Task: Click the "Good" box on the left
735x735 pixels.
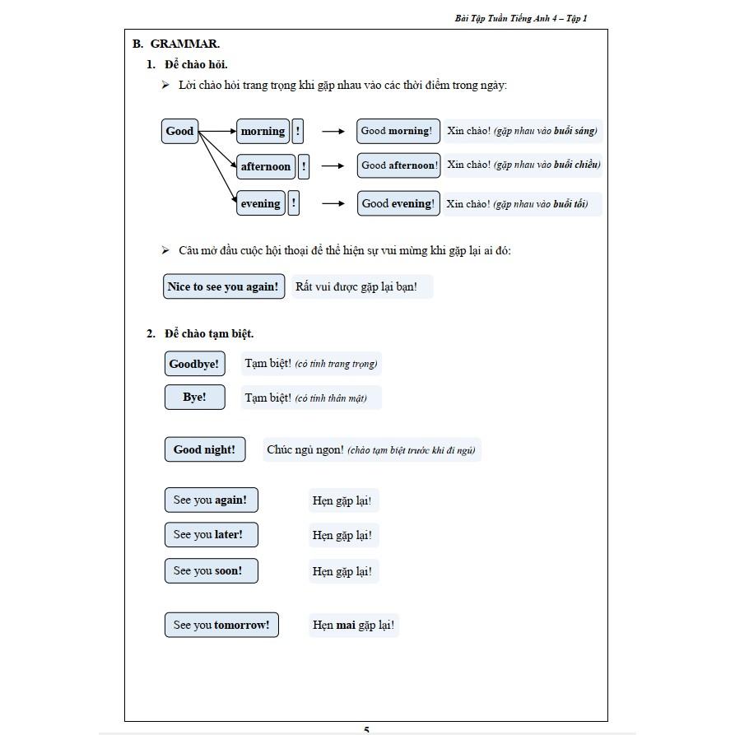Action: pos(179,131)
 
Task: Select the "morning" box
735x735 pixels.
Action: pos(263,131)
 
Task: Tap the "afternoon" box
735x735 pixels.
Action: pos(265,166)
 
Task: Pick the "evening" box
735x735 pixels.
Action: pos(260,203)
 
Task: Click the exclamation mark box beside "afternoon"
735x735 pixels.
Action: pos(304,166)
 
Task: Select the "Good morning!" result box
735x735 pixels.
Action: pos(397,131)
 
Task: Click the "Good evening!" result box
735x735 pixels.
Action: pos(398,203)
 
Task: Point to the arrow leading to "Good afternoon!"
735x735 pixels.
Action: pos(333,166)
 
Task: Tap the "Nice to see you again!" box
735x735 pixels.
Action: pos(223,286)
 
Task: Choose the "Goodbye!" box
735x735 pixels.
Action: pos(194,364)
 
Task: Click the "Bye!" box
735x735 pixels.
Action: pos(194,397)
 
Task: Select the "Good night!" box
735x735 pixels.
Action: pos(204,449)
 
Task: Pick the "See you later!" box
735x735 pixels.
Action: pos(211,534)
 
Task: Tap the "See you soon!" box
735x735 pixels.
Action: pos(211,570)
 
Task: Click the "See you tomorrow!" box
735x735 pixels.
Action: pos(221,625)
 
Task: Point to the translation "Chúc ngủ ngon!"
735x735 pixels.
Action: pos(305,450)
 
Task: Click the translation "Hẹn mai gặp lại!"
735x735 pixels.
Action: pos(353,625)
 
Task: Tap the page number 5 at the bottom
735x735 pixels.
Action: pos(366,729)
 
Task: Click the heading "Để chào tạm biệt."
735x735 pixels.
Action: pos(209,333)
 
